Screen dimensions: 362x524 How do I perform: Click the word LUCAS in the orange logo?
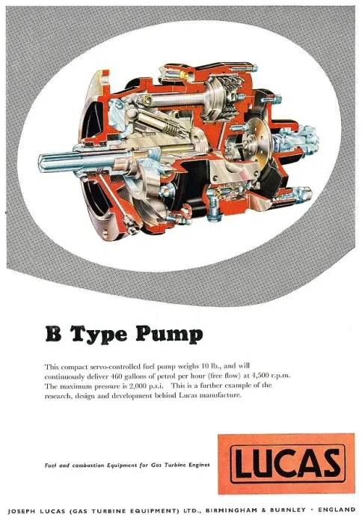coord(286,463)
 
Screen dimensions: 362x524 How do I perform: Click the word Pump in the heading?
coord(169,335)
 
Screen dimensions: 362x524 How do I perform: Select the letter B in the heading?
coord(53,333)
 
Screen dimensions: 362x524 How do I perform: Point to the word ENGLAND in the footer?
coord(337,510)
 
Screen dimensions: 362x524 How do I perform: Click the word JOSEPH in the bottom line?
coord(22,511)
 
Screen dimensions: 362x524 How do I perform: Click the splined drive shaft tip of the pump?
coord(45,163)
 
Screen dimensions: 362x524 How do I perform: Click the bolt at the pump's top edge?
coord(245,69)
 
